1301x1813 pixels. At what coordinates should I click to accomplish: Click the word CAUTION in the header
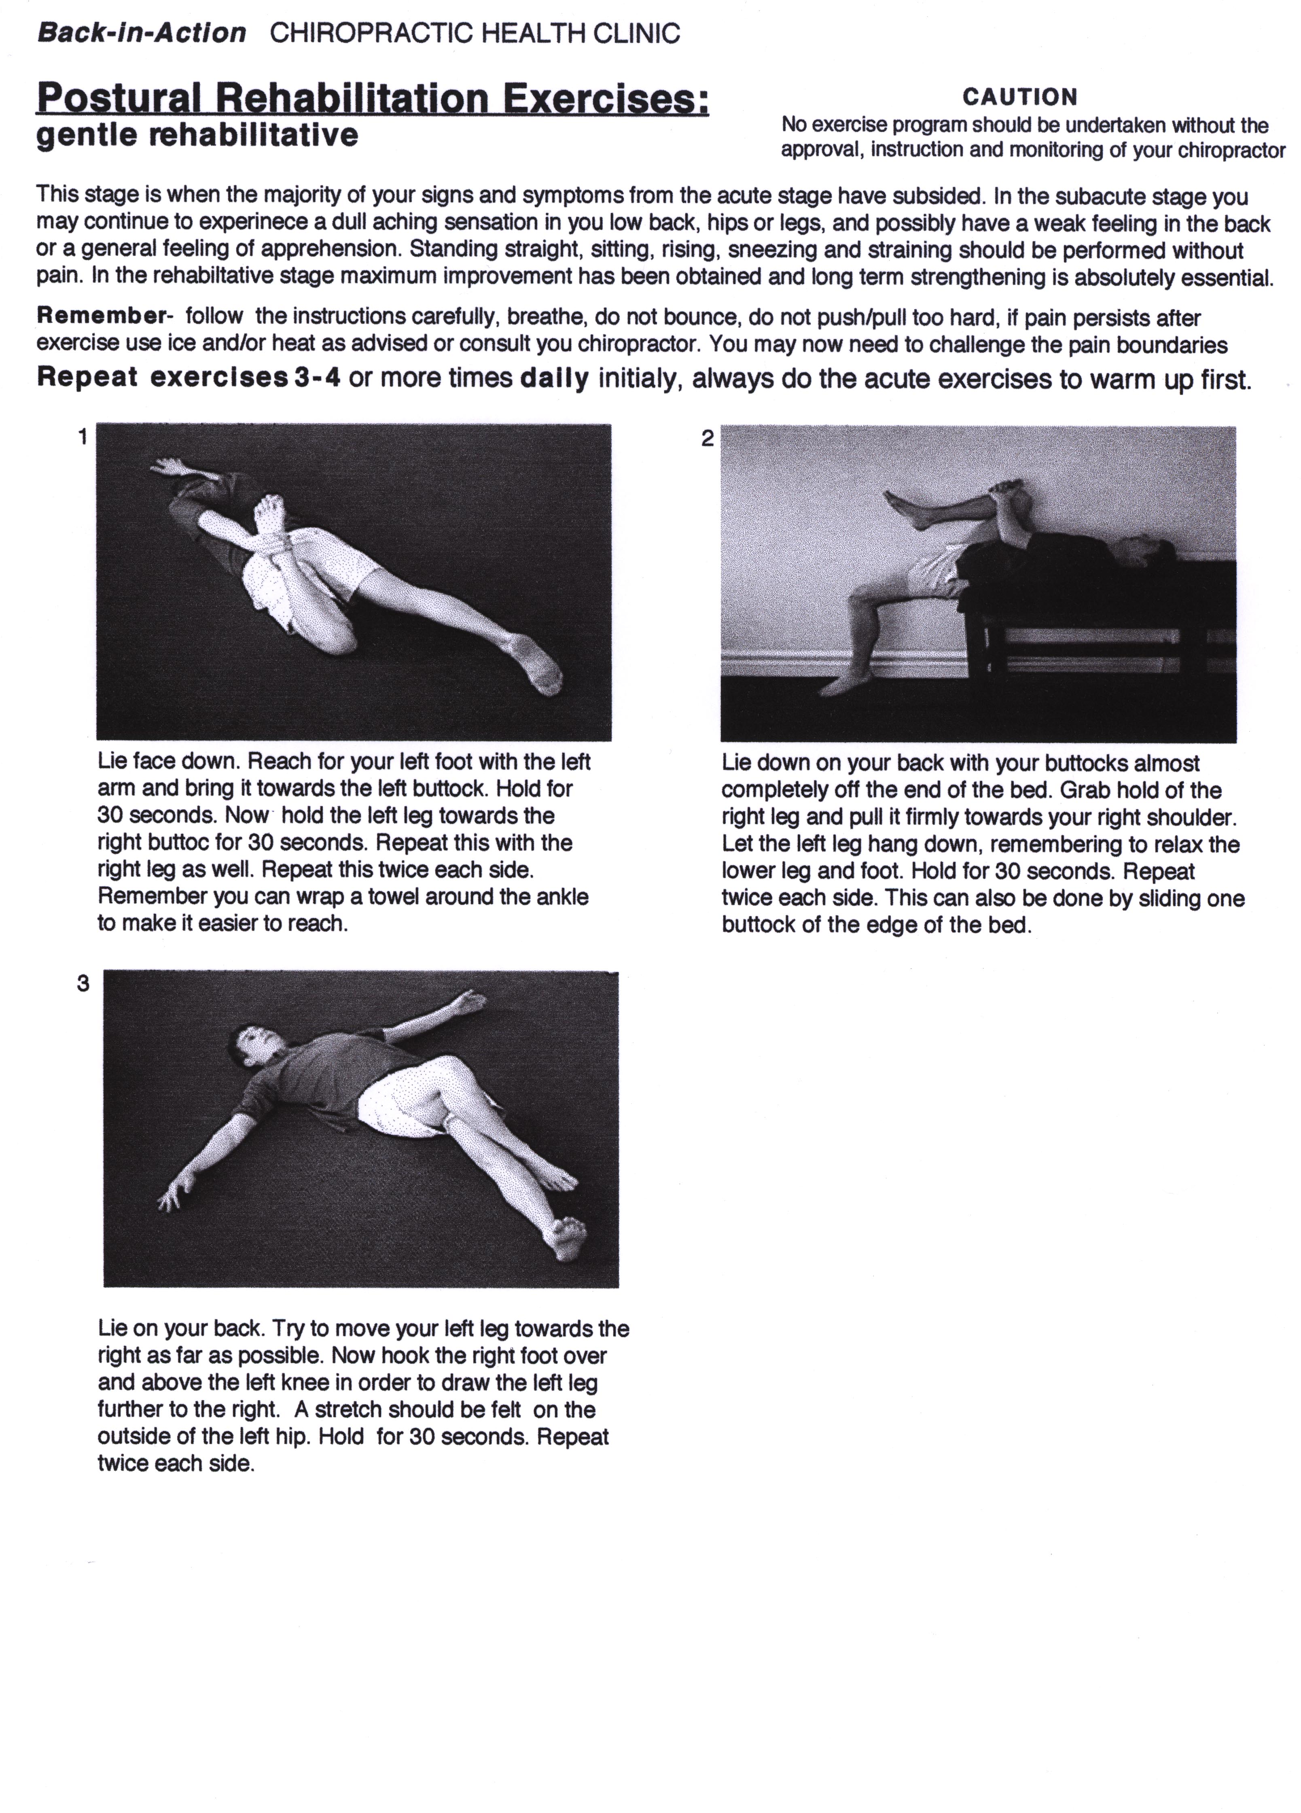click(1020, 97)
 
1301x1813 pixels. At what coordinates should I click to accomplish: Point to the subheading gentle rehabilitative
click(197, 135)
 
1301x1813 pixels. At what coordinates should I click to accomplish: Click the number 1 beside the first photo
click(82, 437)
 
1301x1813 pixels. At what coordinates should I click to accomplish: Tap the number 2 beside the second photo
click(706, 438)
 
